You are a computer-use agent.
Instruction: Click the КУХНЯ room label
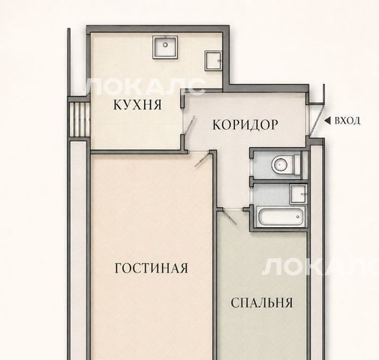pos(137,104)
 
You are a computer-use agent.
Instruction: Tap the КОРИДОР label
pos(245,124)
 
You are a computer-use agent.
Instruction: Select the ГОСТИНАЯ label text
pos(152,268)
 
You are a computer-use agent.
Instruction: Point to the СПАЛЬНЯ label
pos(262,303)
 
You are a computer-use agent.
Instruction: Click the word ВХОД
pos(347,121)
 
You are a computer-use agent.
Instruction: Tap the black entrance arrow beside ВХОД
pos(327,121)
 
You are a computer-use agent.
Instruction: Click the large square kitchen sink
pos(165,47)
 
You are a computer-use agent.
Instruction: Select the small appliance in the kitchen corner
pos(213,61)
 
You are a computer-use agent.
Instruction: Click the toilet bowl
pos(281,164)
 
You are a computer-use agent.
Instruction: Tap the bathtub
pos(281,216)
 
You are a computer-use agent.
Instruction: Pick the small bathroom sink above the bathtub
pos(298,194)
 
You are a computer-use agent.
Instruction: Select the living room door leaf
pos(203,159)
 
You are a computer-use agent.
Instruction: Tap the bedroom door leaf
pos(230,217)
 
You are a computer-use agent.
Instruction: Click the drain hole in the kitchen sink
pos(165,45)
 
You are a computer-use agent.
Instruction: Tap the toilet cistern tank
pos(297,165)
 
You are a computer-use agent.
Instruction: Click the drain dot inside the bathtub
pos(298,217)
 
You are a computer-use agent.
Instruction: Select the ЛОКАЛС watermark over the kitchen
pos(145,86)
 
